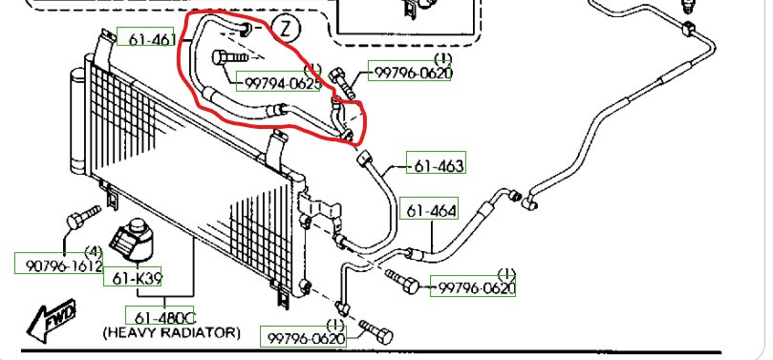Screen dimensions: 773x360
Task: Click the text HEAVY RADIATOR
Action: tap(172, 333)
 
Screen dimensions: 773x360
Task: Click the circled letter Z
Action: tap(287, 29)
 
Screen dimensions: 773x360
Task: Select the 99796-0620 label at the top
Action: tap(413, 73)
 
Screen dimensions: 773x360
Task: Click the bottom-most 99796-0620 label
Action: tap(306, 339)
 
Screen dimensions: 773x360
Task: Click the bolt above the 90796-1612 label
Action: tap(83, 218)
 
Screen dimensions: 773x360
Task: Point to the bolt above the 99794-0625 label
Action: tap(229, 58)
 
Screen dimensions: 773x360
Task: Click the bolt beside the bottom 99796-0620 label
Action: tap(376, 332)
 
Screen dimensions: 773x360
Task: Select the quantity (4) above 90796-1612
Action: tap(94, 254)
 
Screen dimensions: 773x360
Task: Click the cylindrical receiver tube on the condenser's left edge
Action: tap(79, 120)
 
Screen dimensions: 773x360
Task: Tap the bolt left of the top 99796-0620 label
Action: tap(343, 83)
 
